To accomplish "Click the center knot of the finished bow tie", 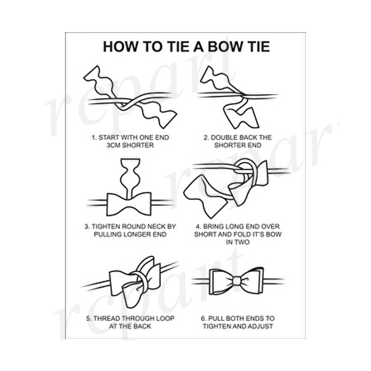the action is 237,281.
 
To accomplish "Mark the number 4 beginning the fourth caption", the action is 198,226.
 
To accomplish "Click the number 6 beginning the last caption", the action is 203,318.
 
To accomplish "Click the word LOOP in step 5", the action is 165,318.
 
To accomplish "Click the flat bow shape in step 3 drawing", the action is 129,204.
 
